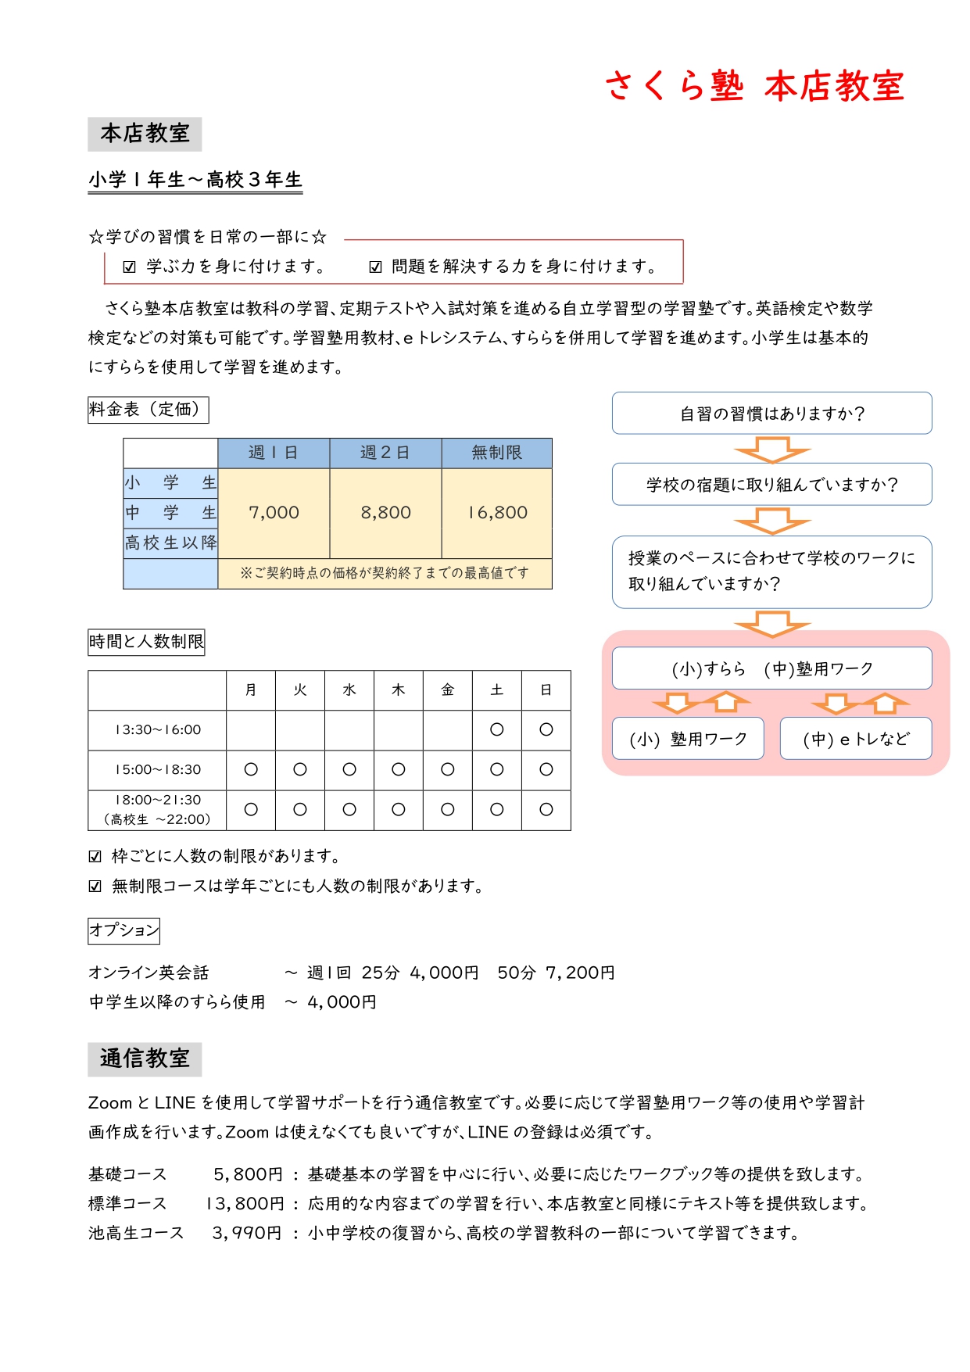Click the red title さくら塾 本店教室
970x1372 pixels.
[754, 86]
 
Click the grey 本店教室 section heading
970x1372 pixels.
[145, 134]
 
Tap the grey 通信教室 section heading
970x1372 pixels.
[145, 1059]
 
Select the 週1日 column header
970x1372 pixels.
[274, 453]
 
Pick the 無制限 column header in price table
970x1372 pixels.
[496, 453]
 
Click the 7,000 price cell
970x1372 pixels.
[274, 513]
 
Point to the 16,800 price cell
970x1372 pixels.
[497, 513]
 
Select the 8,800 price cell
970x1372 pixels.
[385, 513]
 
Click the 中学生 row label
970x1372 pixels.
[170, 513]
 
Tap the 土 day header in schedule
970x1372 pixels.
[496, 690]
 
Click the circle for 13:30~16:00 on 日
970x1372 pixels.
[546, 729]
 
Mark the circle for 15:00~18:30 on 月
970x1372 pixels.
[251, 769]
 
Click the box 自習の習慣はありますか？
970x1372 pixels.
[771, 413]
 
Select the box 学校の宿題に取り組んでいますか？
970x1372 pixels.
[771, 484]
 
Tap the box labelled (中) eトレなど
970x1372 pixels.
[856, 739]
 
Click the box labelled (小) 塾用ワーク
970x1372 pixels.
[688, 739]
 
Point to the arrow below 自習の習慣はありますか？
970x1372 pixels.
[771, 450]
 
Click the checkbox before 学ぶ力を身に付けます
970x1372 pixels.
[130, 267]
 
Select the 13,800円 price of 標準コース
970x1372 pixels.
[245, 1203]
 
